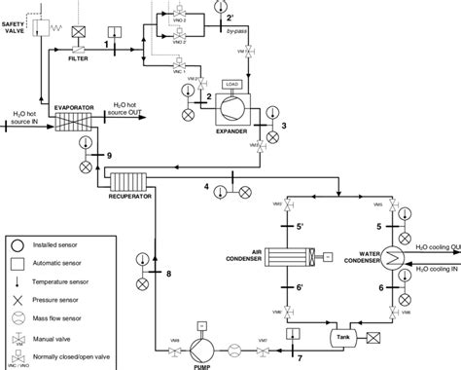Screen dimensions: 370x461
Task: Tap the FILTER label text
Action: [x=79, y=59]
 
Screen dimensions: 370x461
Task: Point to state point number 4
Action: [x=206, y=185]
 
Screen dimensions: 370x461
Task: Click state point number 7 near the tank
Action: [x=300, y=358]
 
